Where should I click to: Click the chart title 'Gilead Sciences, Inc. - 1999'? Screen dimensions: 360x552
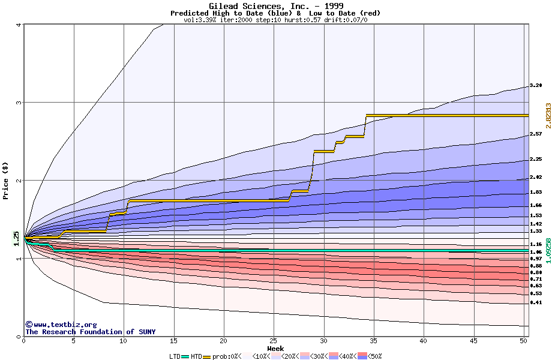(275, 6)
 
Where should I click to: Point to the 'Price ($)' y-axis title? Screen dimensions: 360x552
(6, 181)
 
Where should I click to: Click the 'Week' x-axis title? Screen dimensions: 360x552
(275, 349)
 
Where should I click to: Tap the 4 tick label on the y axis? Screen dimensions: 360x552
(19, 25)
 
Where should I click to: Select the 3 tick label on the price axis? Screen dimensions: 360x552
(19, 103)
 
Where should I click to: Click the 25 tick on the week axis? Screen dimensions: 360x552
(274, 341)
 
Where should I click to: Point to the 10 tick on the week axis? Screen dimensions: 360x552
(124, 341)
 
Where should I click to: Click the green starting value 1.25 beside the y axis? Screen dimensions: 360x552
(17, 238)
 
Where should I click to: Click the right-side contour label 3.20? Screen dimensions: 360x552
(536, 86)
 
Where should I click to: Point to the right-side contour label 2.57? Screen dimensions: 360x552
(536, 134)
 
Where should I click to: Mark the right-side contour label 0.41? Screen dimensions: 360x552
(536, 303)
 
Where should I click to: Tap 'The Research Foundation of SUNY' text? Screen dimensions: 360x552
(90, 332)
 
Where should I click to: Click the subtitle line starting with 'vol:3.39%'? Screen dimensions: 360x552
(275, 20)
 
